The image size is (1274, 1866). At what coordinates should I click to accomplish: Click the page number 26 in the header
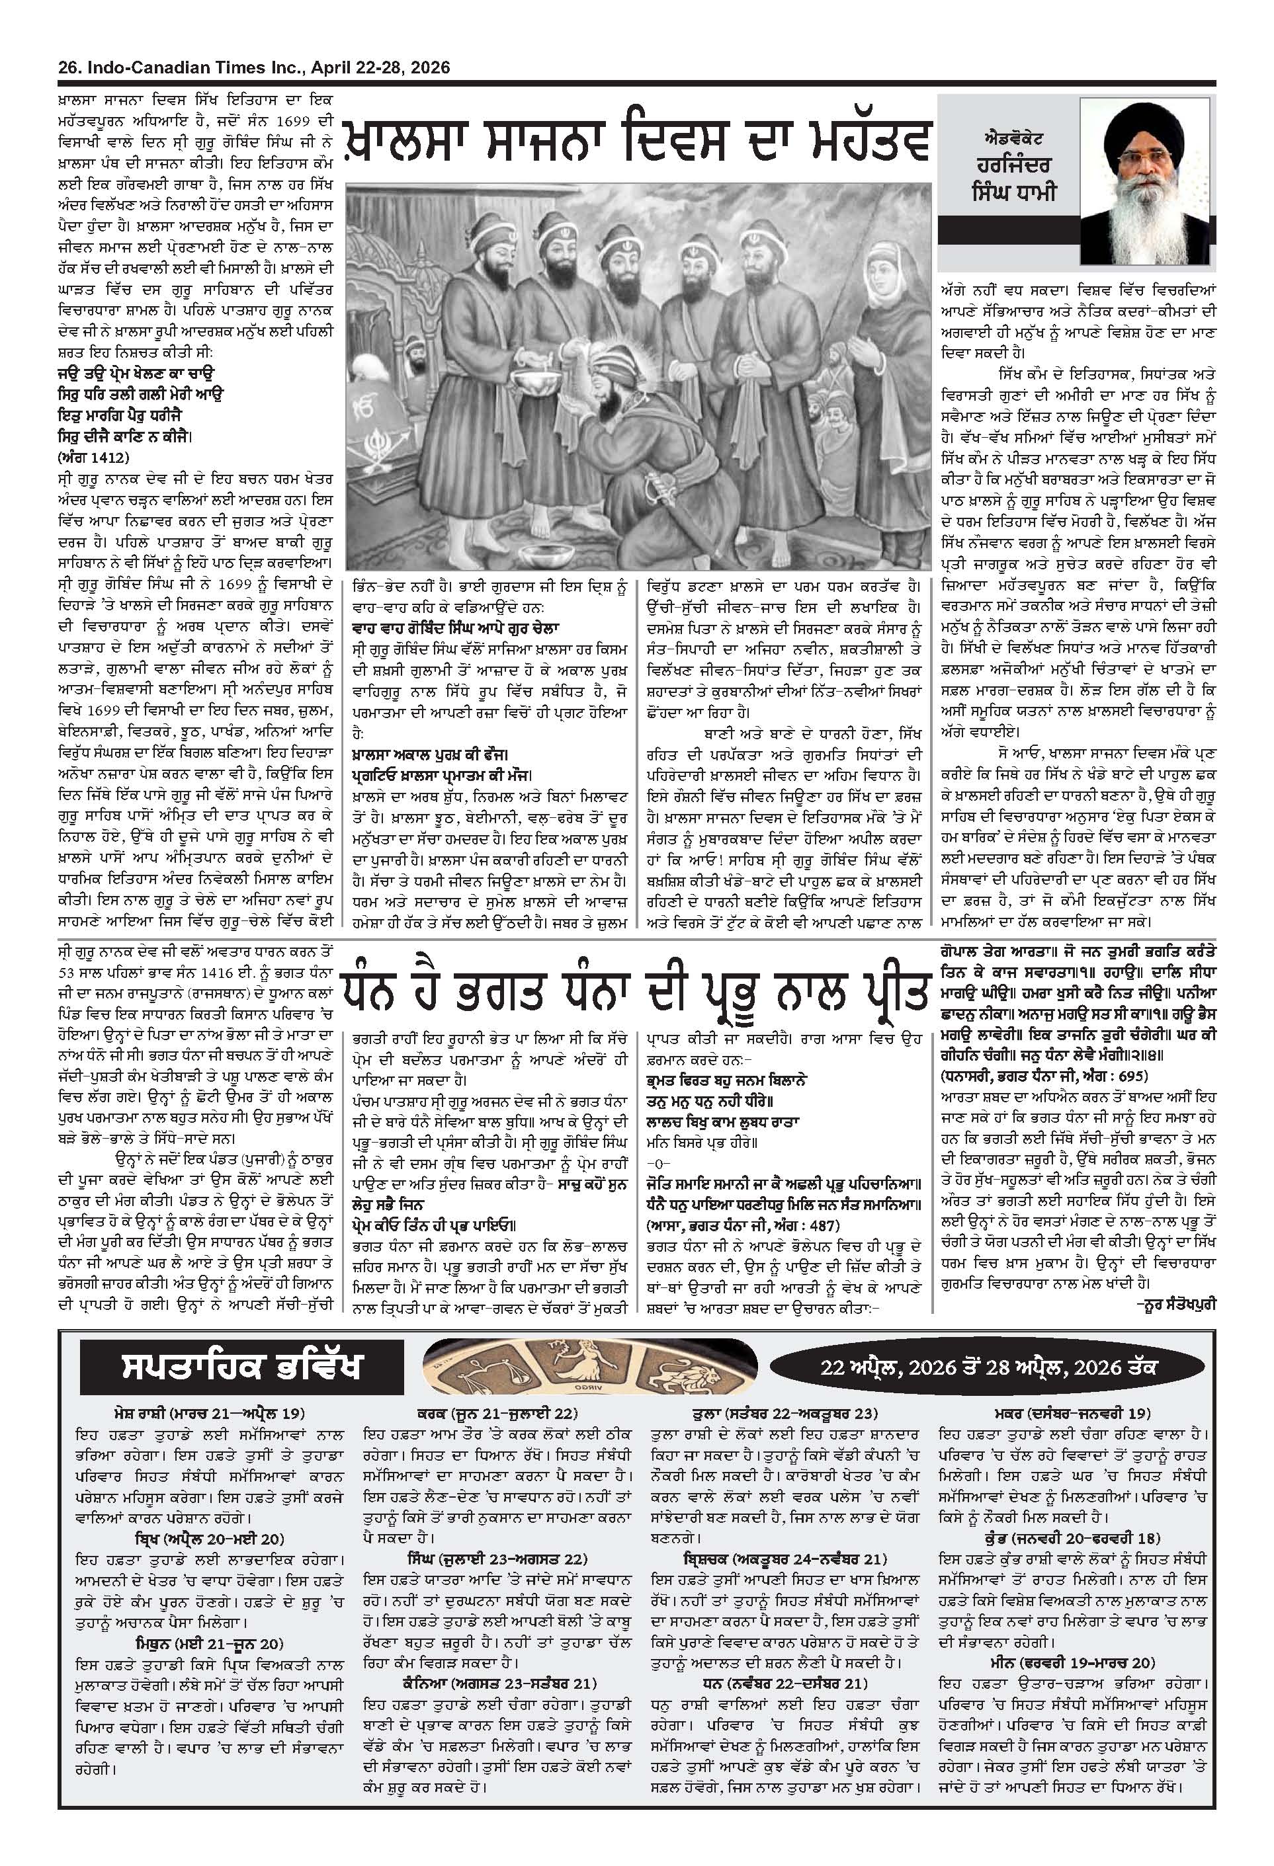[x=66, y=68]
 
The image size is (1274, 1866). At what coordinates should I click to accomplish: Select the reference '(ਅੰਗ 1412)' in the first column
[x=93, y=458]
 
